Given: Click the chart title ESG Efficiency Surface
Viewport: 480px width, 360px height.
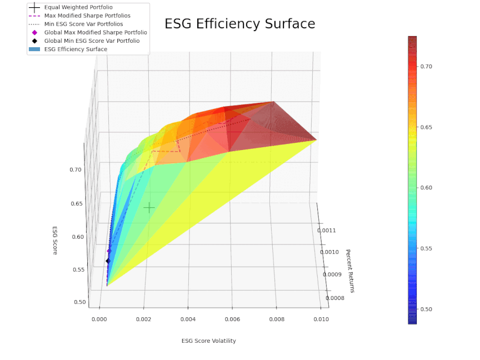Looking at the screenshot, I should (x=239, y=24).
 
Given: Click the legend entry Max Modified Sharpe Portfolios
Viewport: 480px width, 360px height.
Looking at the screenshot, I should (x=87, y=16).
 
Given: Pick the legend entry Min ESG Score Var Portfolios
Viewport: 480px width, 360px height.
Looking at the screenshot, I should (x=83, y=24).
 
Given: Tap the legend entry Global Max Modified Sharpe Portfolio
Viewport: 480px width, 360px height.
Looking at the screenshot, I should (x=96, y=32).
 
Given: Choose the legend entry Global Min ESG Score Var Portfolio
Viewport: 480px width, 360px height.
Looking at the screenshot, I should (x=92, y=41).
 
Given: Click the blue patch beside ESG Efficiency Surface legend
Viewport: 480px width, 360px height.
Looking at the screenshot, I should (x=34, y=49).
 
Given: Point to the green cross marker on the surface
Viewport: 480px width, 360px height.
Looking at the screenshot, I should (x=149, y=208).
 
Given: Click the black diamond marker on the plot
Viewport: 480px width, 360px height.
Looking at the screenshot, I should (x=108, y=261).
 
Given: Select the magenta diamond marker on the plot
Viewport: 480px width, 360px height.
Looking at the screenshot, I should (x=109, y=251).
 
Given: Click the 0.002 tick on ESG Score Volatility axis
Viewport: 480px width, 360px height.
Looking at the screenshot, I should (x=144, y=319).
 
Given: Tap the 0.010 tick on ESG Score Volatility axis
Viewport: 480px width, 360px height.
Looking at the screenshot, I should (x=321, y=319).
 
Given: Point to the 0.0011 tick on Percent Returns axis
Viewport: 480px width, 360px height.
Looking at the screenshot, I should (x=327, y=230).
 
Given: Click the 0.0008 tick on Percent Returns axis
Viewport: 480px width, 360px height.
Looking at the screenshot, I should (x=334, y=298).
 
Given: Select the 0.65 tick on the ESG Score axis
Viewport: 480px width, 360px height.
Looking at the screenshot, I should (x=77, y=204).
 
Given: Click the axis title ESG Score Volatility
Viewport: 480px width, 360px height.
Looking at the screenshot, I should (x=208, y=341).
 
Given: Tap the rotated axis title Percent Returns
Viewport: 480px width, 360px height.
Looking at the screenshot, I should (x=349, y=271).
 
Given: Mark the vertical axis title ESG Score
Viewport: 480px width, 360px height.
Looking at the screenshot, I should (x=55, y=241).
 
